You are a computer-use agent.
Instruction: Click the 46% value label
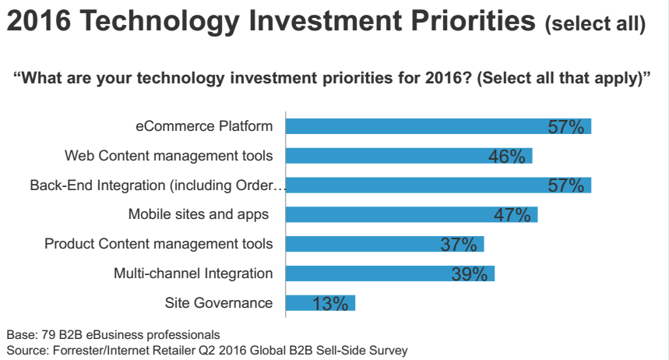[507, 157]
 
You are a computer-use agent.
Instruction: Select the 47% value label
[512, 215]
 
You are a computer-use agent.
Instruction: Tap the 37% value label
[459, 245]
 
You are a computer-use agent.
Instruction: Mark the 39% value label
[470, 274]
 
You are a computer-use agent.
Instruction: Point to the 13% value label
[330, 304]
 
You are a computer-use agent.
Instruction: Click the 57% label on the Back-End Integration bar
[565, 185]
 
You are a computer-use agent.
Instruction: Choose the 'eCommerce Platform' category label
[204, 126]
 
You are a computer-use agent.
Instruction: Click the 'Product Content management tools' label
[159, 244]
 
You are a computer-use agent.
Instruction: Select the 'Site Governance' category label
[219, 303]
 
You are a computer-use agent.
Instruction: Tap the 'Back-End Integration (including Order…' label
[159, 185]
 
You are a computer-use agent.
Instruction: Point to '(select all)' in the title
[595, 26]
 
